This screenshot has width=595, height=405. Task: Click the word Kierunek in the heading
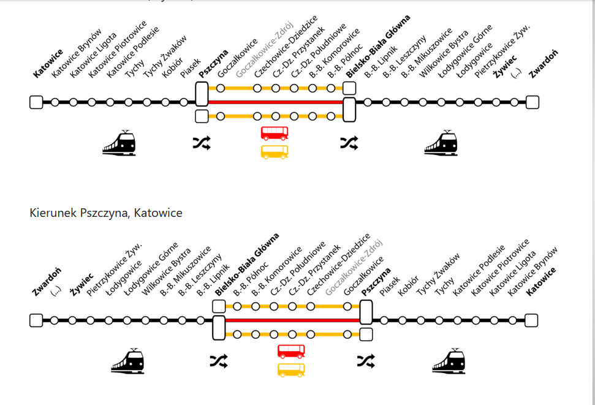point(50,213)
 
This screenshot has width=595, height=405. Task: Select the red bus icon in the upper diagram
point(275,133)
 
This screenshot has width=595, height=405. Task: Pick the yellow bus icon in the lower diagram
point(292,369)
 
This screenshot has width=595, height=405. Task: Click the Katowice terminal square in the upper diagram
point(36,102)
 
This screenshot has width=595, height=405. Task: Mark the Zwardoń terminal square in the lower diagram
point(36,320)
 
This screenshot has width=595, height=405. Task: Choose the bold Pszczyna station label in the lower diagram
point(376,281)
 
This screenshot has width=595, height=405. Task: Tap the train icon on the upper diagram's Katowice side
point(119,143)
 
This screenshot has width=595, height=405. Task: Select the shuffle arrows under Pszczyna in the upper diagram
point(202,143)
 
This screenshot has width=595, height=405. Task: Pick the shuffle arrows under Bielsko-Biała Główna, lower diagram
point(218,361)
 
